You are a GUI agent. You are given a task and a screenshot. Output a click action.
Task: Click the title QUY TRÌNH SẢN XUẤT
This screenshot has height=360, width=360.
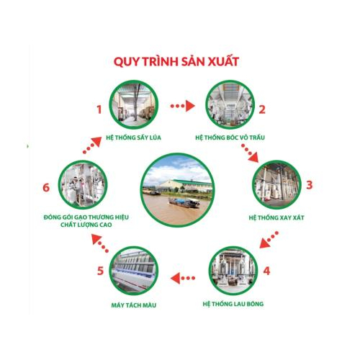(176, 61)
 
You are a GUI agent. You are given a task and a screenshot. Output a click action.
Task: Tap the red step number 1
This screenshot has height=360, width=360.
(99, 109)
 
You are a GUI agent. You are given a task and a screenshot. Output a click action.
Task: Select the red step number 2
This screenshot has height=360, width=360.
(262, 109)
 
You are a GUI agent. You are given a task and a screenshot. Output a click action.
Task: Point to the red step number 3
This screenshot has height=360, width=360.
(310, 185)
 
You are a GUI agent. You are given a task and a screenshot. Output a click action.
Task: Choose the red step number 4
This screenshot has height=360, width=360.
(266, 271)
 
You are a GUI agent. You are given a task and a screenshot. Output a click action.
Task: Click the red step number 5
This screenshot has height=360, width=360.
(100, 271)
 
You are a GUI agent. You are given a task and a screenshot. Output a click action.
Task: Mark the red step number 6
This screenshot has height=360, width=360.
(46, 187)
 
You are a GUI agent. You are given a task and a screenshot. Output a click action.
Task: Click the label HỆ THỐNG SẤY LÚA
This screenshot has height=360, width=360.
(133, 138)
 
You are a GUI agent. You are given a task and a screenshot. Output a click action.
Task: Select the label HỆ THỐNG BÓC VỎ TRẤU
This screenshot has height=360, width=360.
(230, 138)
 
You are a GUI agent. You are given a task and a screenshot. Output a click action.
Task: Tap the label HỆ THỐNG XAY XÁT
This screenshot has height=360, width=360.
(276, 217)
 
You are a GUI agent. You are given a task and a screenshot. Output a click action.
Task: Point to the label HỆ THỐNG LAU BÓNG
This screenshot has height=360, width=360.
(233, 304)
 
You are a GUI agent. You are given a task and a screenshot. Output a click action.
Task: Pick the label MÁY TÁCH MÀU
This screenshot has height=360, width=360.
(134, 305)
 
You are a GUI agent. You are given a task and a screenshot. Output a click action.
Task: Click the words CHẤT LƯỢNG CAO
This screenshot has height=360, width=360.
(86, 225)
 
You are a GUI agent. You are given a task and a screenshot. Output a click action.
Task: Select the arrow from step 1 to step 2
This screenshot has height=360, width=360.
(182, 106)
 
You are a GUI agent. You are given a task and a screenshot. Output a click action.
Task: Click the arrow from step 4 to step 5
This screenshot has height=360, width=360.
(183, 279)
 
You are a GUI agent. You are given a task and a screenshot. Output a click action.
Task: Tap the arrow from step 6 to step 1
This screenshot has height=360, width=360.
(92, 145)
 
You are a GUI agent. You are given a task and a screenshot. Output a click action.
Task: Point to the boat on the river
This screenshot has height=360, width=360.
(184, 203)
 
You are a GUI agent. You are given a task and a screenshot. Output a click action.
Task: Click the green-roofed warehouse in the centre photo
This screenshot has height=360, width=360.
(185, 186)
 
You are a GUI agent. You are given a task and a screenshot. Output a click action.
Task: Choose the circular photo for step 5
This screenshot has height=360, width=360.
(134, 271)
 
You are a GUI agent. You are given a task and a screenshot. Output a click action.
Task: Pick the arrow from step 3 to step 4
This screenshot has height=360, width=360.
(269, 240)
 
